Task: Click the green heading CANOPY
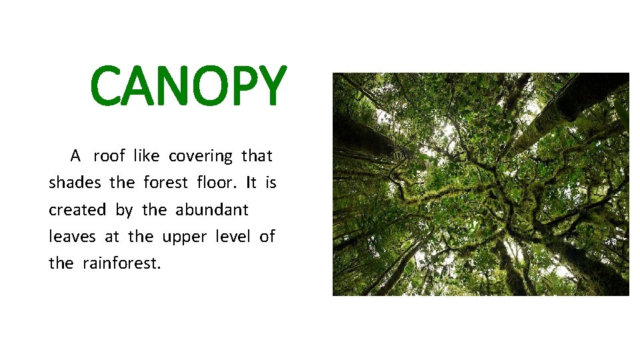(189, 87)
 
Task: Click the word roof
(109, 156)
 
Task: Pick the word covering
(201, 157)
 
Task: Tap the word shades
(75, 183)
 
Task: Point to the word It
(251, 183)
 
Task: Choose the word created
(77, 210)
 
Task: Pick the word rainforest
(122, 263)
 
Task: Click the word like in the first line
(146, 156)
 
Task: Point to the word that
(257, 156)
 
